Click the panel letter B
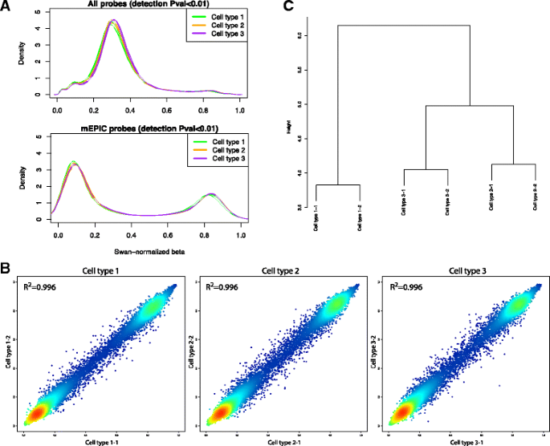coord(6,267)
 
